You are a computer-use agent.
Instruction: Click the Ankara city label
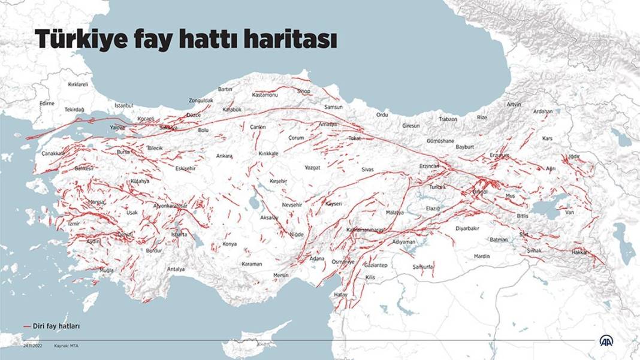pos(224,156)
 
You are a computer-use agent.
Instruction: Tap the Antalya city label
pos(176,269)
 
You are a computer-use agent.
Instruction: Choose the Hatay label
pos(341,295)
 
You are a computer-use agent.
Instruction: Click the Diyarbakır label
pos(468,228)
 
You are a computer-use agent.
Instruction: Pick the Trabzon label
pos(448,119)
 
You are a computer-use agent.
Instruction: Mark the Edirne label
pos(47,103)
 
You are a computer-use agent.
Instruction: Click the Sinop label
pos(304,91)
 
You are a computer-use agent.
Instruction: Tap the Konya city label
pos(230,244)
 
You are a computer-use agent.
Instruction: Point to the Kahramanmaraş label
pos(365,230)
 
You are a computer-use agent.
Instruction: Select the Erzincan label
pos(430,165)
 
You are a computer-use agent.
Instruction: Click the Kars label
pos(547,138)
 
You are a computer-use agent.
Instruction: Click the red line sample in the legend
pos(26,326)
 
